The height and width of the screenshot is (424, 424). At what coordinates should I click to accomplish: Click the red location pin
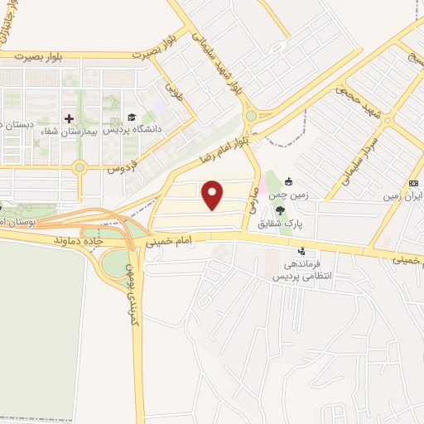(214, 195)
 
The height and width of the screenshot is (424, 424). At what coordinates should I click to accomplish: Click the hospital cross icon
(70, 118)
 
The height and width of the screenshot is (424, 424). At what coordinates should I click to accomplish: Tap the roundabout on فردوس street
(79, 168)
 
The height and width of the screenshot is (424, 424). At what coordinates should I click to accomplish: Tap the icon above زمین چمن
(288, 181)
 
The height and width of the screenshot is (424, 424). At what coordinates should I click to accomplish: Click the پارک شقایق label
(280, 223)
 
